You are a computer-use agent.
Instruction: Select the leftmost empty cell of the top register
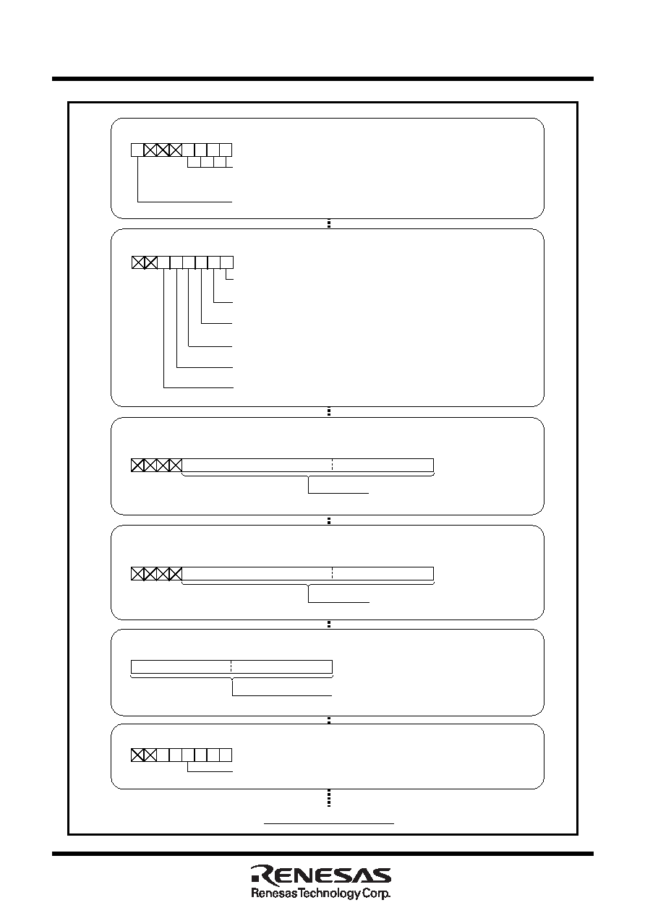tap(137, 150)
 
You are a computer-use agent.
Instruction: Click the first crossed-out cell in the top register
tap(150, 150)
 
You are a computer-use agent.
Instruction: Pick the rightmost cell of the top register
tap(226, 150)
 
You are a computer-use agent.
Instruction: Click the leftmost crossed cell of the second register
tap(138, 262)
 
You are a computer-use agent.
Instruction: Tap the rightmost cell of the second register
tap(226, 262)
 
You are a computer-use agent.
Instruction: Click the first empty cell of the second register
tap(163, 262)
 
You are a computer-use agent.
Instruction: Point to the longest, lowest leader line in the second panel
tap(198, 387)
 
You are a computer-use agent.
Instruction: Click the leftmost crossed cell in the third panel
tap(137, 465)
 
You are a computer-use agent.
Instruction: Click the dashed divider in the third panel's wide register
tap(333, 465)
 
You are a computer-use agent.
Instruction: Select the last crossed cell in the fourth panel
tap(175, 574)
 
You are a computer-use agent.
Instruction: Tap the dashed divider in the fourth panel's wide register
tap(333, 574)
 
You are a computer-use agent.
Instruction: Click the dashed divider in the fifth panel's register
tap(231, 666)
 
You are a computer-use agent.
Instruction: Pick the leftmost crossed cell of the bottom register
tap(137, 755)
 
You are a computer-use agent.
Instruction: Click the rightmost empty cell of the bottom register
tap(226, 755)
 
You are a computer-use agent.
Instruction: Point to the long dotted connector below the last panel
tap(329, 798)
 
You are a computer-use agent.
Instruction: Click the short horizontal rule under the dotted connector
tap(329, 823)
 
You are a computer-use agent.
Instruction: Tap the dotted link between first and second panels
tap(329, 224)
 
